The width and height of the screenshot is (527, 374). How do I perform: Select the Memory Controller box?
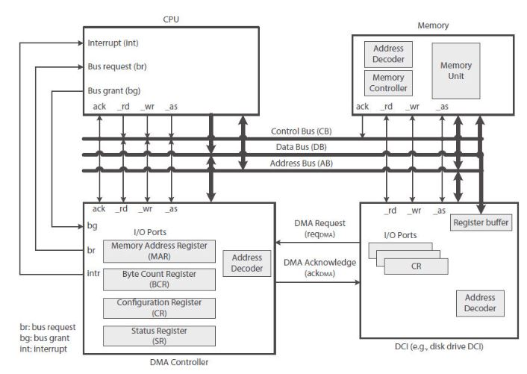tap(388, 82)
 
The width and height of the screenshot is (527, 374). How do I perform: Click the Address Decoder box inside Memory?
tap(388, 54)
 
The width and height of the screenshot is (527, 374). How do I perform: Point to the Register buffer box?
tap(481, 223)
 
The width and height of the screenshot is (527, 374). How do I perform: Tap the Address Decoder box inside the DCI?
tap(475, 302)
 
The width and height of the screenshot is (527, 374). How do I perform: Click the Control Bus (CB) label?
tap(301, 131)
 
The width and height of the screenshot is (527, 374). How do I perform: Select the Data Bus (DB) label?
tap(301, 148)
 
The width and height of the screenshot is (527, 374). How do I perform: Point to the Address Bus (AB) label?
tap(301, 163)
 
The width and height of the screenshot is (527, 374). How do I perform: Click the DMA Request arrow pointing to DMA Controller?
tap(317, 243)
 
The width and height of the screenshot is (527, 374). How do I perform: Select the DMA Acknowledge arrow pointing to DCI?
tap(317, 283)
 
